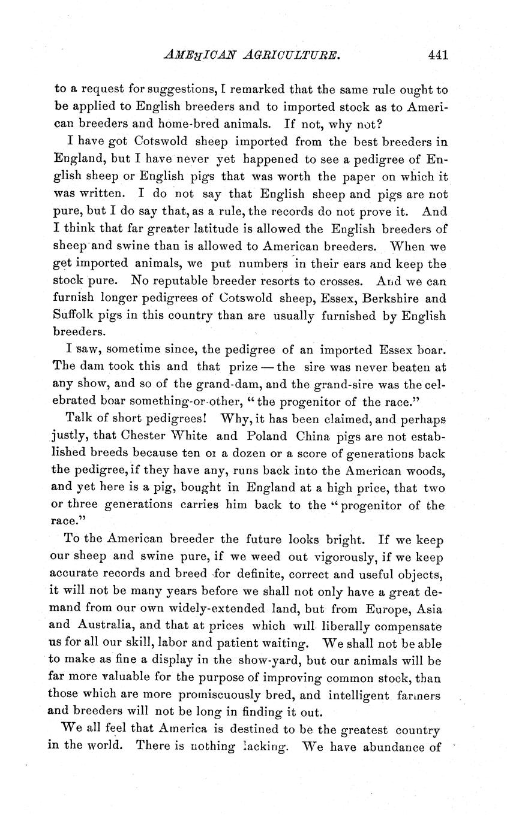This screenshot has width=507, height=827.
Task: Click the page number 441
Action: click(x=439, y=55)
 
